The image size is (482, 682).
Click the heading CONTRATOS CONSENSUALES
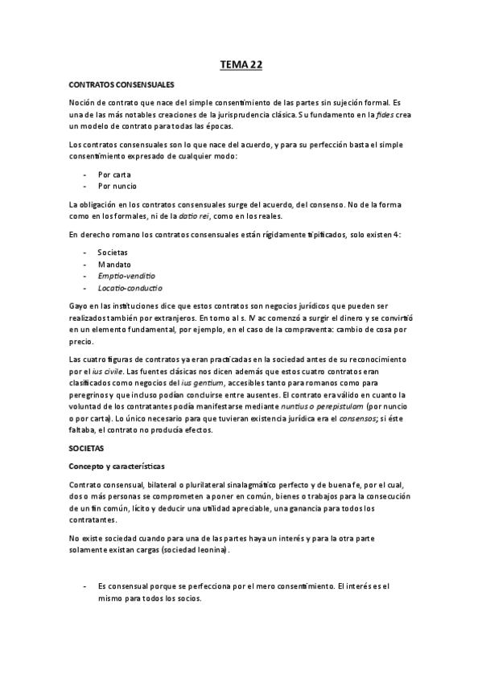pos(121,83)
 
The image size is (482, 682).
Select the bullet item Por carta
pos(114,174)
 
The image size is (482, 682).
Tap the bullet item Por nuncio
pos(117,185)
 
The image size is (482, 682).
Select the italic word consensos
pos(355,417)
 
